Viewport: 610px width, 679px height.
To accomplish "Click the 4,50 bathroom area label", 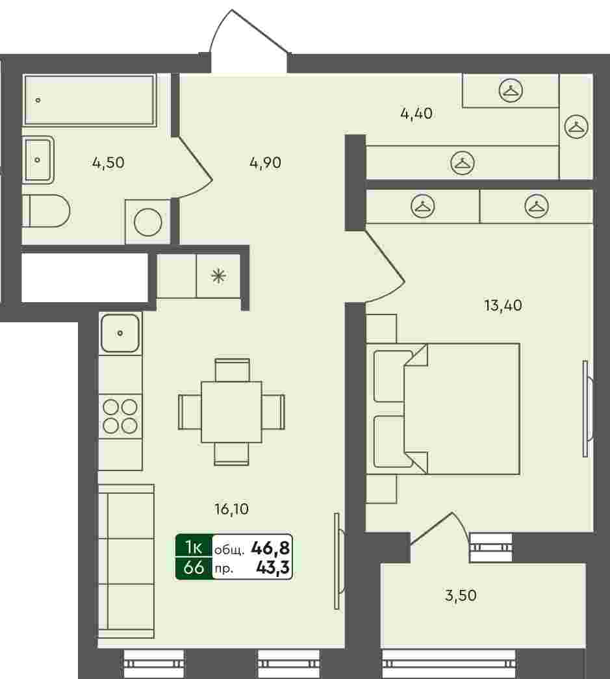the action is tap(108, 163).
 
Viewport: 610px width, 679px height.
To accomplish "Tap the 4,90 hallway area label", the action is tap(266, 163).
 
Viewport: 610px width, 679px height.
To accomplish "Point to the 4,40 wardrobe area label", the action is tap(416, 114).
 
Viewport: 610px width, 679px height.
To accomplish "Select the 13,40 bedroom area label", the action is tap(503, 306).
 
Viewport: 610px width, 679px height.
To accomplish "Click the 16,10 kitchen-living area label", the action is tap(232, 509).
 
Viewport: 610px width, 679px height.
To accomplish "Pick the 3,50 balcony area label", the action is tap(461, 595).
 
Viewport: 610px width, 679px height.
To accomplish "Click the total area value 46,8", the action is tap(270, 548).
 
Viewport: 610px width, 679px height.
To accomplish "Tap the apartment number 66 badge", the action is tap(194, 567).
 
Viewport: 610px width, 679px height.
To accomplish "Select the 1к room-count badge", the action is tap(194, 547).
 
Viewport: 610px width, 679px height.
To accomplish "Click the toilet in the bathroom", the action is tap(46, 211).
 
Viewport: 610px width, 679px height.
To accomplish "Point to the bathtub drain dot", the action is tap(38, 101).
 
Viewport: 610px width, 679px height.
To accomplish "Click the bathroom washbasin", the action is tap(38, 160).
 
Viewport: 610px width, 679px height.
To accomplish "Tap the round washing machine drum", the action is tap(148, 222).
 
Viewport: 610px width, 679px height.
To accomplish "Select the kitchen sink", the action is tap(120, 333).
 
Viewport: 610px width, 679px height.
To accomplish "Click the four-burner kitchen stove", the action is tap(120, 416).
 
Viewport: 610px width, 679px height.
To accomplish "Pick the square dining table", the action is tap(232, 412).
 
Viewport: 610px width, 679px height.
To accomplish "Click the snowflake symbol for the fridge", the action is tap(218, 276).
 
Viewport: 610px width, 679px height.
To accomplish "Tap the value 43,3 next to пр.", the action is tap(273, 567).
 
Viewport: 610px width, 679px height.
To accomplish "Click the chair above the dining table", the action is tap(232, 370).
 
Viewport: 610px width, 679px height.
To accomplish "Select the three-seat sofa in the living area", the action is tap(126, 561).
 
